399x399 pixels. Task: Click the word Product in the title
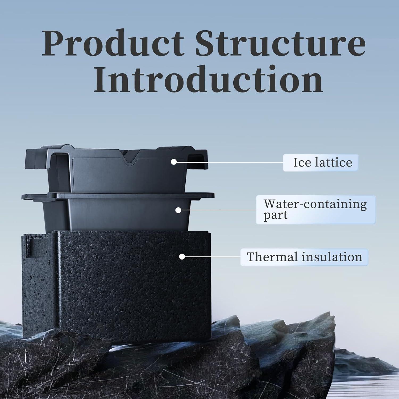tap(113, 43)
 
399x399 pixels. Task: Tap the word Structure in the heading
tap(281, 43)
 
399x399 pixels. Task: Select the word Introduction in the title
tap(208, 79)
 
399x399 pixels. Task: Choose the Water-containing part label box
tap(315, 210)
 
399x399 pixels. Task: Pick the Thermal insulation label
tap(304, 257)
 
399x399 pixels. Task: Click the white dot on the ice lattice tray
tap(174, 161)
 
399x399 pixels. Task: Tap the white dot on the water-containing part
tap(178, 210)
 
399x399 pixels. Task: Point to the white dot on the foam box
tap(182, 257)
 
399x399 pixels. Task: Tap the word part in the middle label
tap(276, 215)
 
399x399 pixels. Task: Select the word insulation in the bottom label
tap(332, 257)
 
